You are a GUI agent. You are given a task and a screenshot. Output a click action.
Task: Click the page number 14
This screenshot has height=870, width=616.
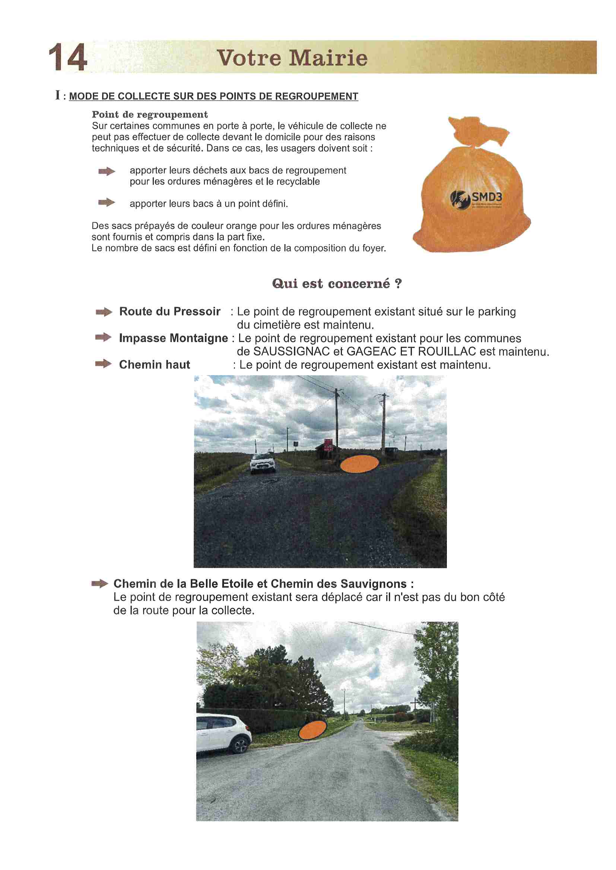coord(68,57)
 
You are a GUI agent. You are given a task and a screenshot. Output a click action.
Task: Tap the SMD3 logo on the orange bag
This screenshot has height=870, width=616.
coord(476,199)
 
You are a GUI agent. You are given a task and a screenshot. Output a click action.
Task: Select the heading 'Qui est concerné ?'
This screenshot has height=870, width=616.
coord(337,284)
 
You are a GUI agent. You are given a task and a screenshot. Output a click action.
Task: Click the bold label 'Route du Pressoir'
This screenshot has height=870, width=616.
coord(169,311)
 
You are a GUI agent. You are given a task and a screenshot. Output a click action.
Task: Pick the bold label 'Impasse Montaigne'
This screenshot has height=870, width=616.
coord(173,338)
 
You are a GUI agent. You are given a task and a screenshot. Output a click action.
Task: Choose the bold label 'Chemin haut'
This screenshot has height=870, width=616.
coord(155,365)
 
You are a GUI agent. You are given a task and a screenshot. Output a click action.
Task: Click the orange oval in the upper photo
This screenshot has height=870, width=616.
coord(359,464)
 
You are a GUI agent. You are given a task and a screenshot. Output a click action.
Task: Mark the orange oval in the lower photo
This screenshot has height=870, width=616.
coord(312,729)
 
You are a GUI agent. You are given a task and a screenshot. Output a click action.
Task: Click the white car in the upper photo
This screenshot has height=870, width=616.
coord(263,463)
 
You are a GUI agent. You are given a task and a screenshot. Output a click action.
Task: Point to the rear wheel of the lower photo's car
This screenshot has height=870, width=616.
coord(240,746)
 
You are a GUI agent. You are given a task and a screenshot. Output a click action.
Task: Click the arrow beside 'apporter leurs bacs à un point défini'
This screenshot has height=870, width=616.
coord(107,202)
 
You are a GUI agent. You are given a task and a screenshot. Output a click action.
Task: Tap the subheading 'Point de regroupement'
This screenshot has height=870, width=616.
coord(150,115)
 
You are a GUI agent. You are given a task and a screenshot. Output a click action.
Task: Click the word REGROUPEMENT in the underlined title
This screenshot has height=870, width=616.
coord(316,97)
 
